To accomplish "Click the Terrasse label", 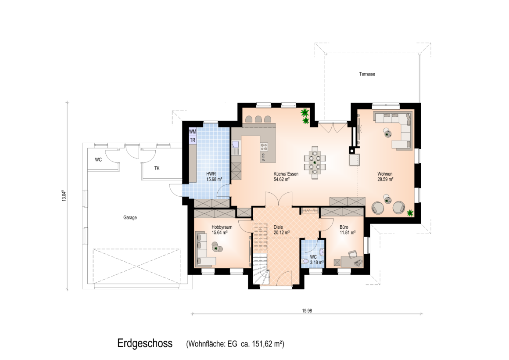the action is point(367,74).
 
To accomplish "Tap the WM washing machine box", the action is point(193,132).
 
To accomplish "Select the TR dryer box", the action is point(193,140).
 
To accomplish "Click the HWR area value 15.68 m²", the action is point(214,179).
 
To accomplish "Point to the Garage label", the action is point(130,217).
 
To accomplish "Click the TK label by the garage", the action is point(157,168).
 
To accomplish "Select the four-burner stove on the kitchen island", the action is point(264,147).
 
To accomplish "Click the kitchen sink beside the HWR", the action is point(235,148).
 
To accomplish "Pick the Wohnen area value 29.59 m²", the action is point(385,179).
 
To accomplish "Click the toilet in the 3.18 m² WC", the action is point(305,261).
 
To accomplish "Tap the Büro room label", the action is point(344,227).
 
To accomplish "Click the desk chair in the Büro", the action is point(352,254).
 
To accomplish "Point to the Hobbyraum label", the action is point(222,227).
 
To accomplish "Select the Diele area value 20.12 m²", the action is point(281,233).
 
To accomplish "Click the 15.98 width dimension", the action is point(307,311).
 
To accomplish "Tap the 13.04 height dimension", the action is point(64,195).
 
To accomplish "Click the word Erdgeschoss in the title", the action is point(145,343).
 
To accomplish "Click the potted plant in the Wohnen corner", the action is point(410,213).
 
